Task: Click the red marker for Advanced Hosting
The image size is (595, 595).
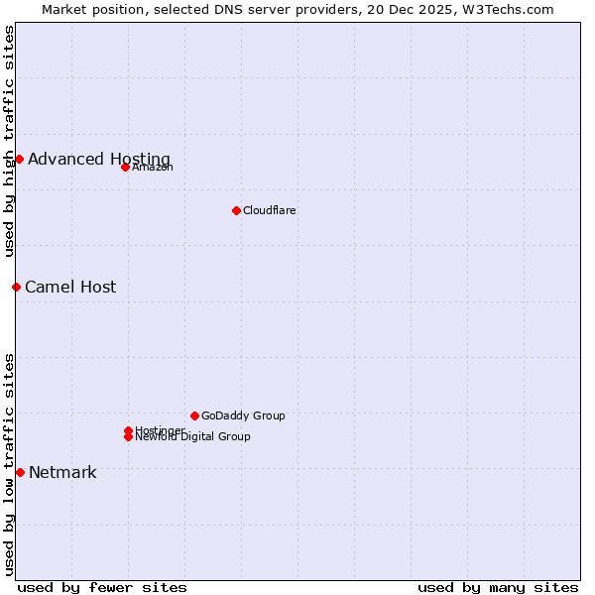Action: [x=19, y=159]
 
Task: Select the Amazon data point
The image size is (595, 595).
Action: [x=125, y=167]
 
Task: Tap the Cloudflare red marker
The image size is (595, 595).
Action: [x=236, y=210]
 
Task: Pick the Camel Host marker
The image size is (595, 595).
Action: [x=16, y=287]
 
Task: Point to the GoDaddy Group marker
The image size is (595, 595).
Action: [x=194, y=416]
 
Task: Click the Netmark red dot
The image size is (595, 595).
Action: [x=20, y=472]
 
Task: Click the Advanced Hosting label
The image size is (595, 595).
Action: [x=99, y=160]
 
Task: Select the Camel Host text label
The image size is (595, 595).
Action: [x=70, y=288]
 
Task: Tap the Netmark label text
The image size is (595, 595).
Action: [x=62, y=473]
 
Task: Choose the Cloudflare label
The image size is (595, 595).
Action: [x=270, y=211]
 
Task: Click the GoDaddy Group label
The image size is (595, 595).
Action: [x=243, y=416]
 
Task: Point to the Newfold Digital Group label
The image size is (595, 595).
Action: [x=193, y=437]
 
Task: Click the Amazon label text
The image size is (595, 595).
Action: [x=153, y=168]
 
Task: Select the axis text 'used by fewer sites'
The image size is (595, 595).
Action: [x=102, y=588]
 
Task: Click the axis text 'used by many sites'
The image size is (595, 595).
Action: [x=498, y=588]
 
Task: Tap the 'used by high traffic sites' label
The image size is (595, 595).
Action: [x=9, y=141]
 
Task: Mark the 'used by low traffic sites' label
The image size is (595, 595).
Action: [x=9, y=464]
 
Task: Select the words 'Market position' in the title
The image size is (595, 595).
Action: [x=88, y=9]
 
